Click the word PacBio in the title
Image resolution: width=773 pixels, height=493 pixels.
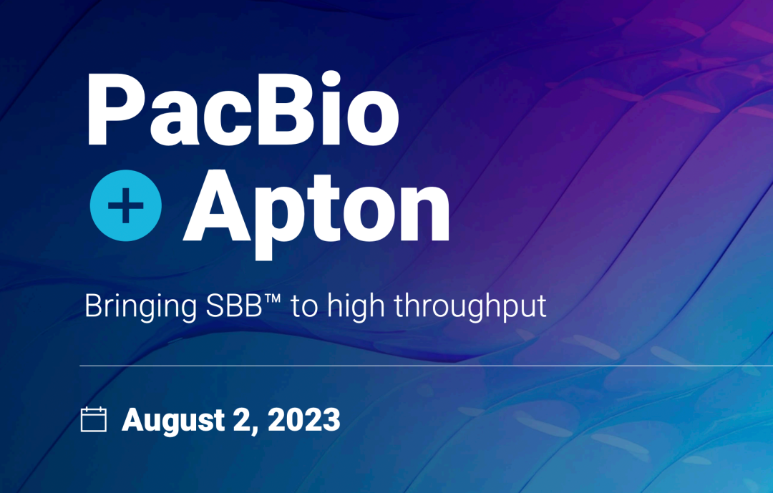click(x=243, y=109)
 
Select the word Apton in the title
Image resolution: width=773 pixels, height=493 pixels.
click(x=316, y=213)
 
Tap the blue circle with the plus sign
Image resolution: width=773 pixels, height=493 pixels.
click(x=126, y=205)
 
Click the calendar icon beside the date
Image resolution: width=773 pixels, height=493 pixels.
click(x=93, y=419)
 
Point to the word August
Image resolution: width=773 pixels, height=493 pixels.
click(x=173, y=421)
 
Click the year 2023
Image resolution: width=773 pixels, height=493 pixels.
click(x=303, y=419)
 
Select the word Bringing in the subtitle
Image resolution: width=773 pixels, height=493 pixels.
click(x=140, y=307)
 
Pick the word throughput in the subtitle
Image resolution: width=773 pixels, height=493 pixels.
click(x=470, y=307)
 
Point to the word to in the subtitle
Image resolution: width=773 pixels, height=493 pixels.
click(x=304, y=307)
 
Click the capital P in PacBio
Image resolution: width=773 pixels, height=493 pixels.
click(x=117, y=109)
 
